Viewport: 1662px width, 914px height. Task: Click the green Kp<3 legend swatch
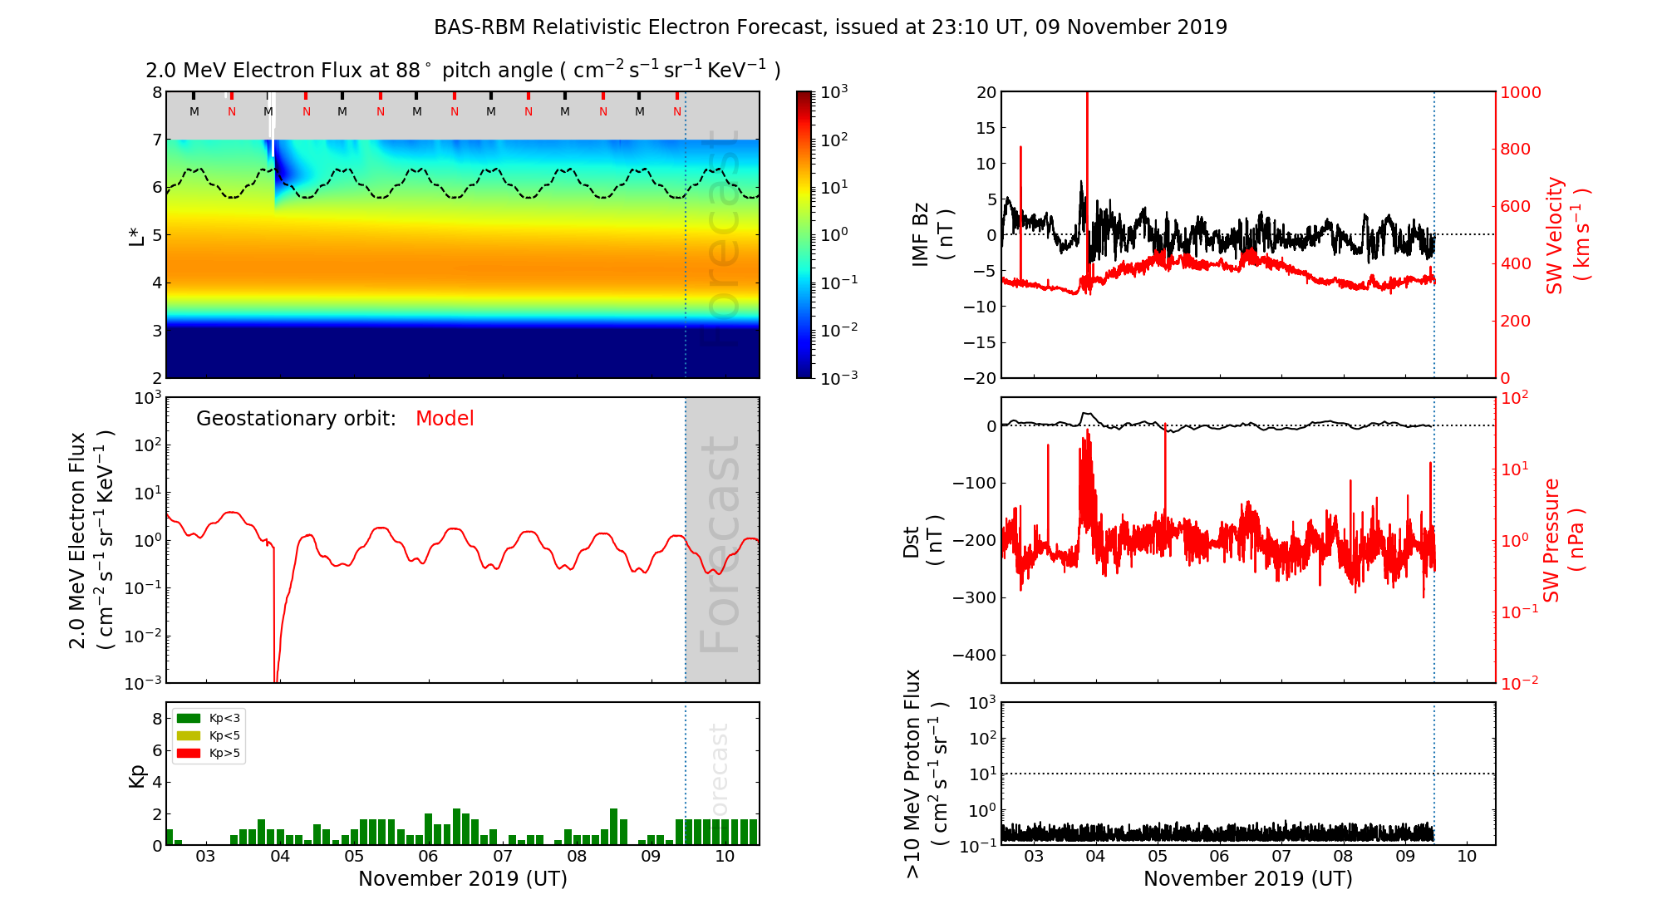click(x=189, y=718)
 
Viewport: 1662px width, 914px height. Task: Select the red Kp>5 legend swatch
click(x=189, y=754)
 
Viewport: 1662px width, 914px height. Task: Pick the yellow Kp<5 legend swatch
click(x=189, y=735)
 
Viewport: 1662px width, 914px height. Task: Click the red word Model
click(x=445, y=419)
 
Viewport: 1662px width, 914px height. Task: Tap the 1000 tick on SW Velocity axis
click(x=1520, y=92)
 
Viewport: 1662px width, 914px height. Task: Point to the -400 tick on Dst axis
click(x=974, y=655)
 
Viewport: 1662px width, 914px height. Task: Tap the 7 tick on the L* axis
click(x=156, y=140)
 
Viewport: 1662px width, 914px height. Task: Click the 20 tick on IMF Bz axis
click(x=986, y=92)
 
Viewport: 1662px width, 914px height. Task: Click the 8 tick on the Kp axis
click(x=156, y=719)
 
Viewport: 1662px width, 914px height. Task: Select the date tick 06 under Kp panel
click(x=428, y=857)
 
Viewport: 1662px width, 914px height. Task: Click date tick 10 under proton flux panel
click(x=1467, y=857)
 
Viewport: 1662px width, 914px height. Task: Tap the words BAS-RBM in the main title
click(x=479, y=27)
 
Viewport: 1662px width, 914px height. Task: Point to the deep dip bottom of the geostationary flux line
click(x=276, y=681)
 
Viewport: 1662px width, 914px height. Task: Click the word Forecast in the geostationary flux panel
click(x=720, y=544)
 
